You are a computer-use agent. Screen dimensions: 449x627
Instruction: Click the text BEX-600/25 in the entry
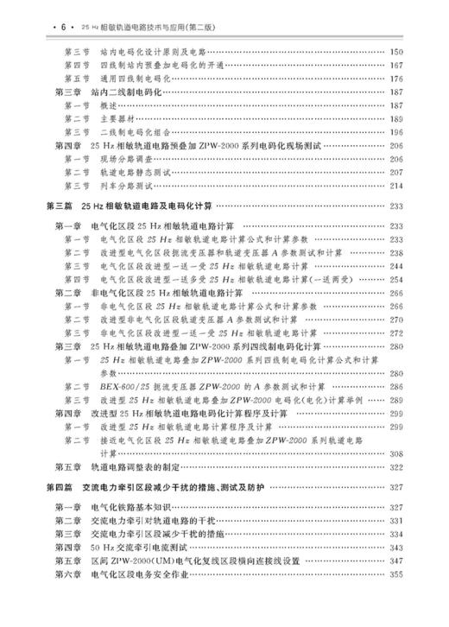tap(123, 386)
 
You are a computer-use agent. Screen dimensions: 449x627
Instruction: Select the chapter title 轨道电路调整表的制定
tap(142, 467)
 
